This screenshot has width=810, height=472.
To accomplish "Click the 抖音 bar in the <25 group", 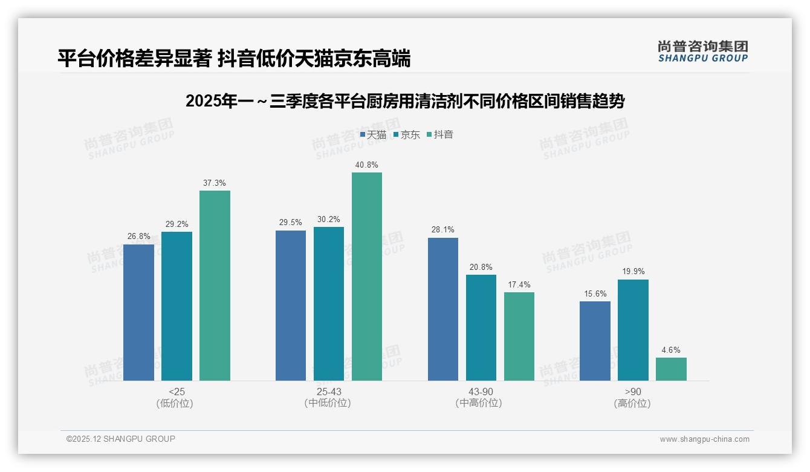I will click(215, 286).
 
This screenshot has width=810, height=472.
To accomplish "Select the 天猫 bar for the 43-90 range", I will click(443, 309).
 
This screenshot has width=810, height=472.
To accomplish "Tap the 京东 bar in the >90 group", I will click(633, 330).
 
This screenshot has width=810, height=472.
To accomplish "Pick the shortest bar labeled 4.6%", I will click(671, 369).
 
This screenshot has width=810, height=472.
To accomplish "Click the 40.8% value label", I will click(367, 165).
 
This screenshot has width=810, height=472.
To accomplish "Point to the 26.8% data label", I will click(138, 237).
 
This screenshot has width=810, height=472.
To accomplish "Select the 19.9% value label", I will click(633, 272).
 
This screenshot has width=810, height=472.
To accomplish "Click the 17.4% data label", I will click(519, 284).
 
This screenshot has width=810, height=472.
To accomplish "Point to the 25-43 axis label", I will click(328, 392).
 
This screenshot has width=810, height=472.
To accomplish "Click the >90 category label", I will click(633, 392).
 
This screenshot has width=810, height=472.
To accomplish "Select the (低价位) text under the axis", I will click(175, 403).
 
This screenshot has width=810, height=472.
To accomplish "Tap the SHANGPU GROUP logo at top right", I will click(702, 51).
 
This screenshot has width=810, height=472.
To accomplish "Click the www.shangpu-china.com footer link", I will click(704, 439).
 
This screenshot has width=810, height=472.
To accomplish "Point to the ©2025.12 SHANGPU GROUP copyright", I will click(121, 439).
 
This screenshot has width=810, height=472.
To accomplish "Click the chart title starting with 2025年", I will click(404, 101).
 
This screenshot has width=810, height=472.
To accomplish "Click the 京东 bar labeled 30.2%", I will click(329, 304).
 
